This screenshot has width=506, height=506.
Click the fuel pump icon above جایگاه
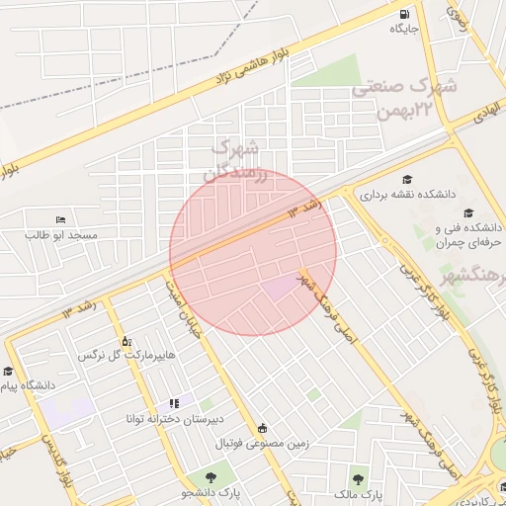pos(404,14)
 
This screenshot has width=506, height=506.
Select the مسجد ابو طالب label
pos(61,234)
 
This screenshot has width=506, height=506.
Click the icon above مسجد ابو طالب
pos(61,219)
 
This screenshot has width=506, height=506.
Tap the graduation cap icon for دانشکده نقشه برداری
pos(407,179)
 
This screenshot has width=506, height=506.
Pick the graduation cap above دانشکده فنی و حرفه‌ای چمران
pos(467,212)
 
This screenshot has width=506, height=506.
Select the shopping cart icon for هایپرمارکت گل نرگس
pos(126,340)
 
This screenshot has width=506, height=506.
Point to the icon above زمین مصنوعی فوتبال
pos(262,428)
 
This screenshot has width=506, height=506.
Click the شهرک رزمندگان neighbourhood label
pos(234,159)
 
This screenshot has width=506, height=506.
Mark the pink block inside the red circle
pos(278,287)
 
